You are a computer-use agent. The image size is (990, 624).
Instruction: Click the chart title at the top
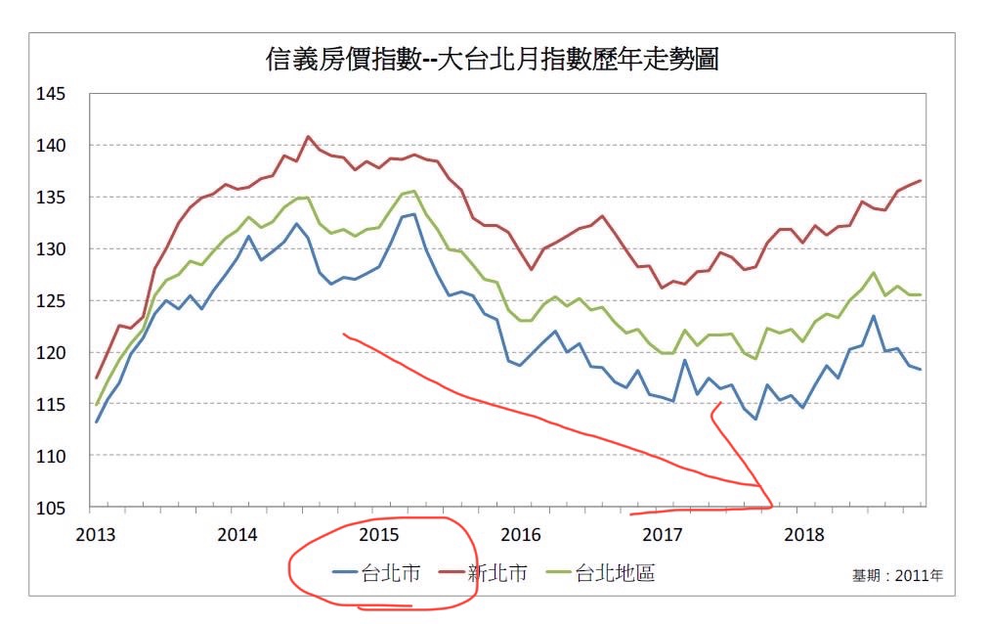[x=493, y=60]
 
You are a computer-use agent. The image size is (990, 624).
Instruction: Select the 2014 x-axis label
[x=237, y=536]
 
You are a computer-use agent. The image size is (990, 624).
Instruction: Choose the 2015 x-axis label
[x=379, y=536]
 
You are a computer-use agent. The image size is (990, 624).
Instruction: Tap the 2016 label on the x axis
[x=520, y=536]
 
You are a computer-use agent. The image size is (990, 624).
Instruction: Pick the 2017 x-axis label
[x=662, y=536]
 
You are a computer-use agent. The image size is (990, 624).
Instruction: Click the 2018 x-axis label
[x=803, y=536]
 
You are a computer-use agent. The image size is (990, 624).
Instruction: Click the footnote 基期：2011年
[x=898, y=576]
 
